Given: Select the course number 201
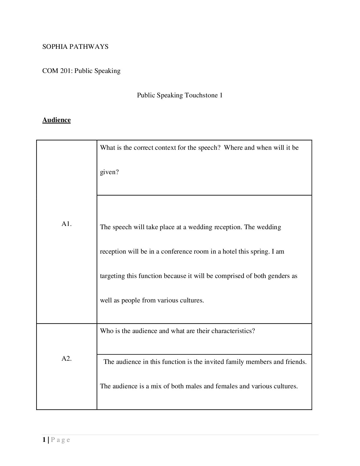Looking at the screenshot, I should click(66, 71).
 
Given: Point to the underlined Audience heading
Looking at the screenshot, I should click(56, 120).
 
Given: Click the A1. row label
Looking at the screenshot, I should click(67, 224).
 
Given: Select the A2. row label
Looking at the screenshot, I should click(67, 359).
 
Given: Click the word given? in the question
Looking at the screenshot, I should click(109, 172).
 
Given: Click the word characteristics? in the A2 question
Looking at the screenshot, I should click(233, 331).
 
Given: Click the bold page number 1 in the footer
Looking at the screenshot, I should click(44, 440).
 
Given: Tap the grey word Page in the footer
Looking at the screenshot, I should click(61, 440).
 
